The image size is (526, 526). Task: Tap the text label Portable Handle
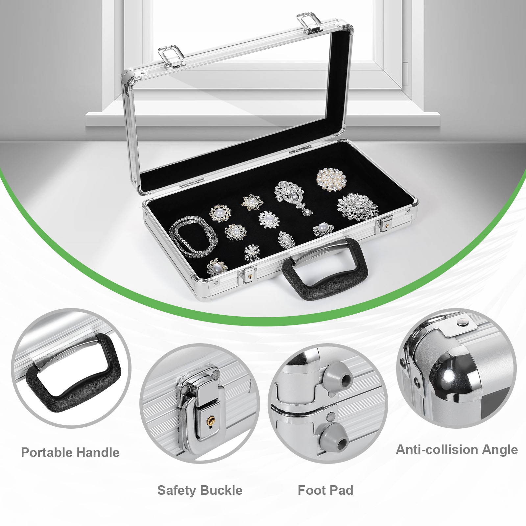tap(70, 453)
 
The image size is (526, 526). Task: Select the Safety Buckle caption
tap(200, 490)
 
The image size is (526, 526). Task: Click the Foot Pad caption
tap(325, 490)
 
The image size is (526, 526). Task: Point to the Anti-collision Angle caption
tap(457, 449)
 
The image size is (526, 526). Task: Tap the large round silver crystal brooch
tap(357, 206)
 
